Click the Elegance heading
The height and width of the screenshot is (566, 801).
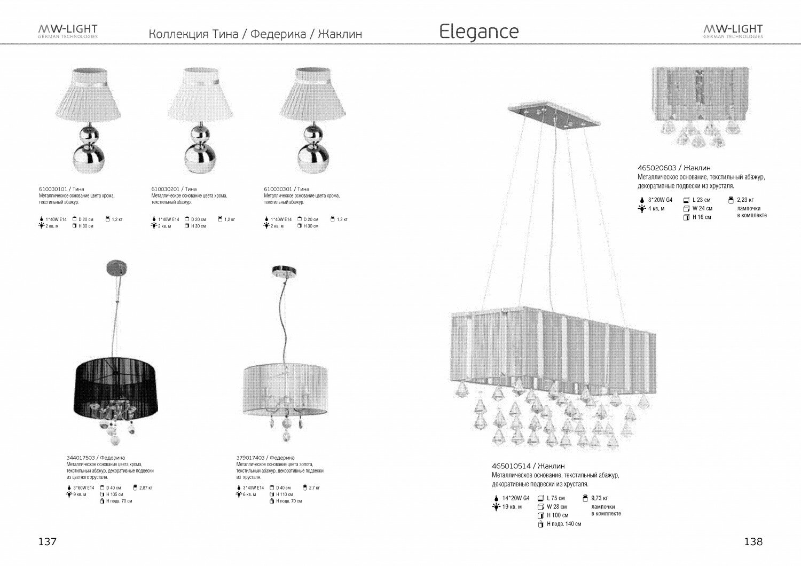(x=478, y=32)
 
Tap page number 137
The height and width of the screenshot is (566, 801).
(x=48, y=541)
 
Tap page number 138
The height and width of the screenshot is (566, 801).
(x=753, y=541)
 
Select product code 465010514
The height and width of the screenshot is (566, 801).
(x=513, y=466)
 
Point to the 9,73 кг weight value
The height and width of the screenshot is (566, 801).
(x=600, y=498)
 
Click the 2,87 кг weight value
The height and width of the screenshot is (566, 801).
(x=146, y=488)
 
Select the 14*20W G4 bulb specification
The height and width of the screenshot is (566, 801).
(x=516, y=498)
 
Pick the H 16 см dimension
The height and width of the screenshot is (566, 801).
(x=702, y=217)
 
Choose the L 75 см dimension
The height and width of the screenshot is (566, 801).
(x=555, y=498)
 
